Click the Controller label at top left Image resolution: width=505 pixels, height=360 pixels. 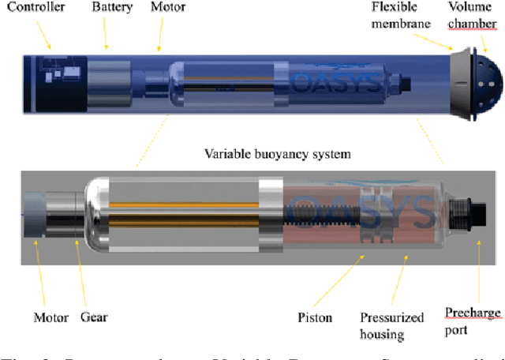coord(34,8)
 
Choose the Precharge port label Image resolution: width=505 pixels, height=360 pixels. coord(473,321)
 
